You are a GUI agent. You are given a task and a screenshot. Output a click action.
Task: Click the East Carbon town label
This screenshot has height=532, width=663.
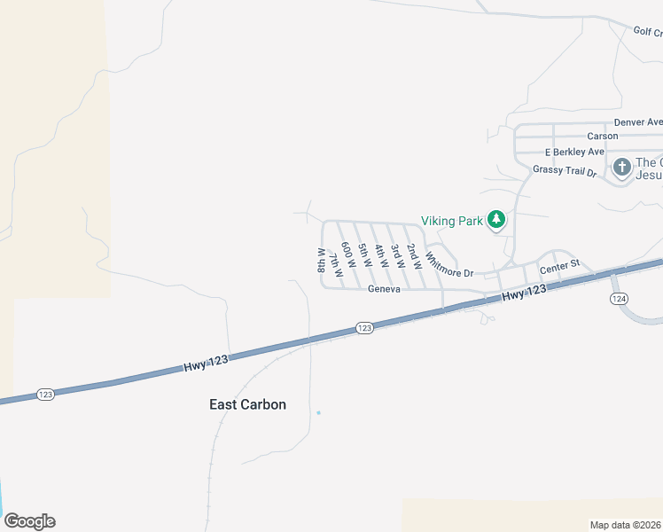pos(247,404)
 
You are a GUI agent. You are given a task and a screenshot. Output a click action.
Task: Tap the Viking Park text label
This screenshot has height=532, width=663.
pos(451,221)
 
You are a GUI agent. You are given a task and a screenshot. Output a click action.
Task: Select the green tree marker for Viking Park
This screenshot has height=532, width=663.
pos(497,219)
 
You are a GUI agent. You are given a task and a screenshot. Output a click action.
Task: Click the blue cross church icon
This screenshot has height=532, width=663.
pos(622,166)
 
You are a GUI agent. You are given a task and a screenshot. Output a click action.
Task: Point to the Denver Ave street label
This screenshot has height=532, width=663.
pos(637,122)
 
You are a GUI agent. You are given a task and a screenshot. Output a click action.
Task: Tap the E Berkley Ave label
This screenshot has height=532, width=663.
pos(574,152)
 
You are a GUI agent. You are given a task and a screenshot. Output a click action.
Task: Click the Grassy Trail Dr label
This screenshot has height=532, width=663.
pos(565,170)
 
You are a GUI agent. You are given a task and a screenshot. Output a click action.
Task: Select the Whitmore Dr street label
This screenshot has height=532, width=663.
pos(449,263)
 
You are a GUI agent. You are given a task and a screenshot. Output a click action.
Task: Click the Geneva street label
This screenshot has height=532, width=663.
pos(386,289)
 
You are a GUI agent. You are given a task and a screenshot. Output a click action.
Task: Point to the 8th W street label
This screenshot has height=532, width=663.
pos(322,261)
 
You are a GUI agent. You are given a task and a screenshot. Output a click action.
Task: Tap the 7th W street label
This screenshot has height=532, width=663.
pos(334,264)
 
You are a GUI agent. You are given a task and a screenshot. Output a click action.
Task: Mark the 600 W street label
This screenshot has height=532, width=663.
pos(347,257)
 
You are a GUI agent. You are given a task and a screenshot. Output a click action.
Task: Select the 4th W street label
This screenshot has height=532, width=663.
pos(379,257)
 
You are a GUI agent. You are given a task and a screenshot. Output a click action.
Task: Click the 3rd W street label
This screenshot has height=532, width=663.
pos(396,257)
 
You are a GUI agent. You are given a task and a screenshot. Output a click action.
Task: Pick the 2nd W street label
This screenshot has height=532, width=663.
pos(412,255)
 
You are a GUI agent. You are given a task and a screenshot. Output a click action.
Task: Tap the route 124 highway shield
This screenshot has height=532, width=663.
pos(618,299)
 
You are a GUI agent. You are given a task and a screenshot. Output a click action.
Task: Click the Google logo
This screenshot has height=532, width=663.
pos(29,521)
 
